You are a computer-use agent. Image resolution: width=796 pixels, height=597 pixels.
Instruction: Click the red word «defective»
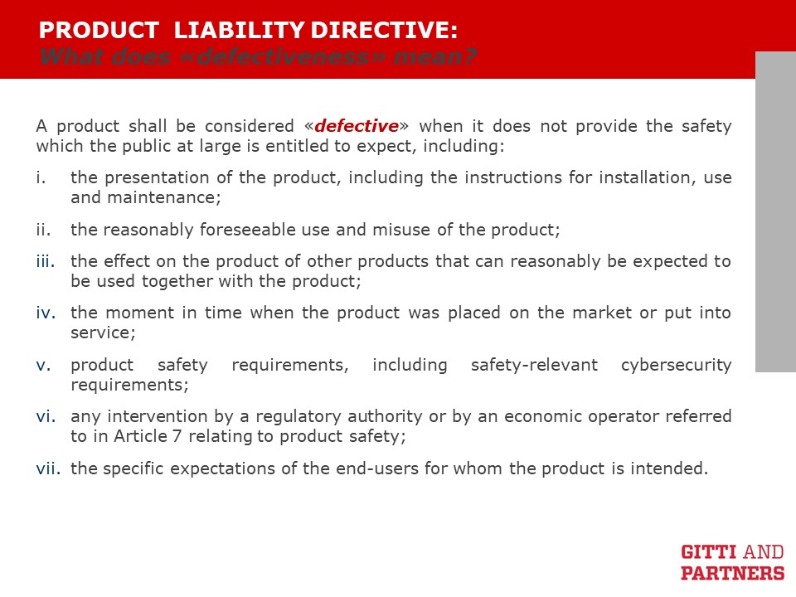coord(357,125)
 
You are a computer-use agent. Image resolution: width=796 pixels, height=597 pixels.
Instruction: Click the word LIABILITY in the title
coord(240,30)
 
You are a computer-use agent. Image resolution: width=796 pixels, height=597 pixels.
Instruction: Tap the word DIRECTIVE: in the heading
coord(384,30)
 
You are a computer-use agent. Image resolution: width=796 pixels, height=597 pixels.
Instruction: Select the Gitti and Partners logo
coord(732,562)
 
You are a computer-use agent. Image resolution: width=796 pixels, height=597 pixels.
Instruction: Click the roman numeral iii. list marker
coord(46,261)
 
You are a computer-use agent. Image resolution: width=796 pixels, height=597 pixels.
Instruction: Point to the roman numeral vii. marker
coord(48,468)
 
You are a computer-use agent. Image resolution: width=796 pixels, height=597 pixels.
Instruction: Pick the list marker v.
coord(43,365)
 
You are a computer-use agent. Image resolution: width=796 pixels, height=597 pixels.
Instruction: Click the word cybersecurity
coord(677,366)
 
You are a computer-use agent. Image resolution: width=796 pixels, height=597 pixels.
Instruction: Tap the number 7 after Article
coord(177,436)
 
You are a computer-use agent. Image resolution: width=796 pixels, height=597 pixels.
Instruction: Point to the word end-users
coord(375,468)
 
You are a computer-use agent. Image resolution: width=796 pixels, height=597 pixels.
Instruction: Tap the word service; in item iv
coord(103,333)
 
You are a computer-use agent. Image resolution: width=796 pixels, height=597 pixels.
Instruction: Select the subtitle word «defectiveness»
coord(284,56)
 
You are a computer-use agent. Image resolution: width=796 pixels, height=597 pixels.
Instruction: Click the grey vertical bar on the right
coord(776,211)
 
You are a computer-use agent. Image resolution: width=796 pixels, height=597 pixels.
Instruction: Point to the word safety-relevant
coord(534,366)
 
